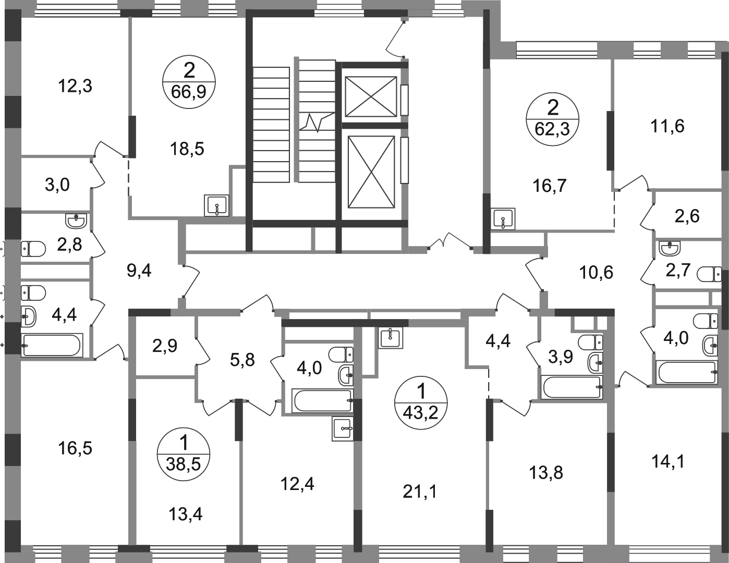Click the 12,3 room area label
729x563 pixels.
[x=75, y=86]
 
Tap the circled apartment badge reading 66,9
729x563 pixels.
[x=189, y=82]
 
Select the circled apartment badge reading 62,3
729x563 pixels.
[x=553, y=119]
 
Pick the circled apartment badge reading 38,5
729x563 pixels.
[x=184, y=454]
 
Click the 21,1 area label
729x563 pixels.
[x=420, y=492]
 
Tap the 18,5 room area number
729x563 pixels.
[x=187, y=149]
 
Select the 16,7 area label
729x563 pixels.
[x=550, y=186]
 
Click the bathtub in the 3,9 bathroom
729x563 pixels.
[x=572, y=388]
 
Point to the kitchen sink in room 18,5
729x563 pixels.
[x=217, y=205]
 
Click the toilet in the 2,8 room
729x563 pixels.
[x=33, y=249]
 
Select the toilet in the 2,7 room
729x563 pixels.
[x=709, y=274]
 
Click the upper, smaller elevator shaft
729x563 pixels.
[x=371, y=96]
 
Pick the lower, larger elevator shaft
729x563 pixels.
[x=371, y=172]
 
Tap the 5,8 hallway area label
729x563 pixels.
[x=242, y=360]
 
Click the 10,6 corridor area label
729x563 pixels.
[x=596, y=272]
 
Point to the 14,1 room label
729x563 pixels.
[x=668, y=461]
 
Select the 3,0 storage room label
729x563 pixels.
[x=57, y=185]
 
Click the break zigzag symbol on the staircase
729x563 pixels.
[x=317, y=122]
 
